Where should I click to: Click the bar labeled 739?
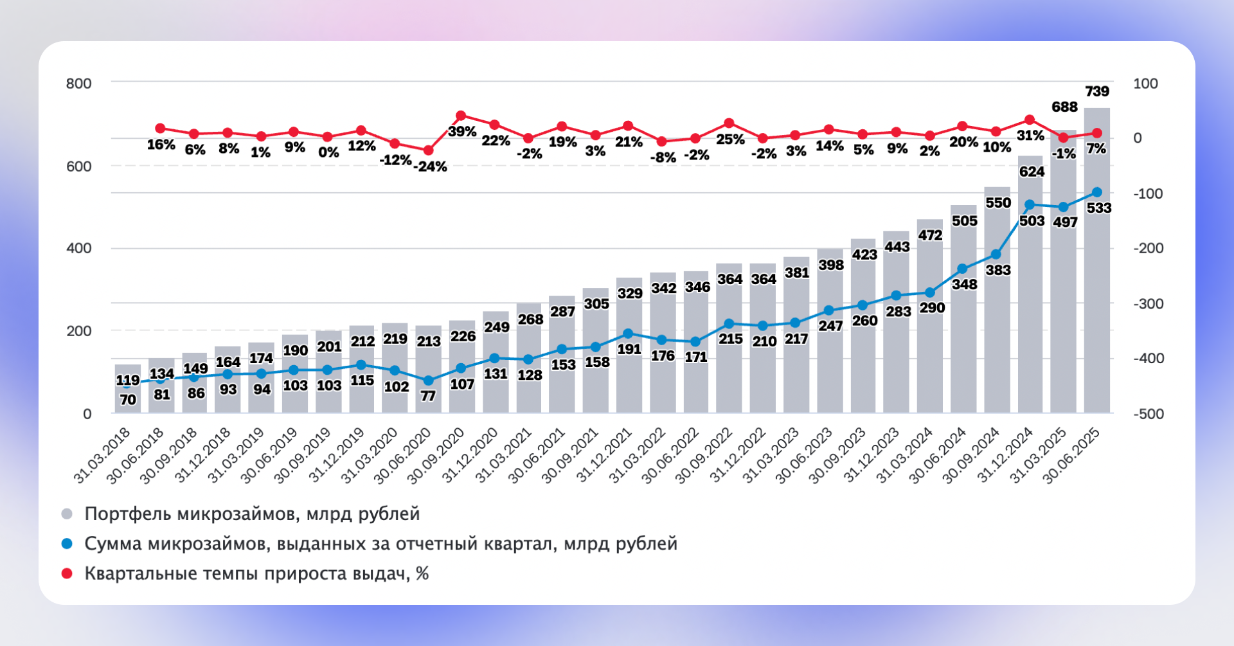tap(1096, 270)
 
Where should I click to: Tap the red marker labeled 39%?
tap(461, 116)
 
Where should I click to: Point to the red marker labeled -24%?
tap(428, 150)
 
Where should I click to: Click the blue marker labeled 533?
tap(1097, 193)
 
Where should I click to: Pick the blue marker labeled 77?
tap(428, 381)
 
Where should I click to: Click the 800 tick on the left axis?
tap(79, 84)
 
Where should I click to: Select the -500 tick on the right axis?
tap(1148, 414)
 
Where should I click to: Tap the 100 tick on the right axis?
tap(1145, 84)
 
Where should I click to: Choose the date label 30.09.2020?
tap(436, 455)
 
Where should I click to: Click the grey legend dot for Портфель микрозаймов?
tap(67, 514)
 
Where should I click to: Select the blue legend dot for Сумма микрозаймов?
tap(67, 544)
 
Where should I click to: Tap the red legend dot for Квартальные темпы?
tap(67, 573)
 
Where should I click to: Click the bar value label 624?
tap(1032, 172)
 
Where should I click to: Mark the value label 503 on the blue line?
tap(1032, 221)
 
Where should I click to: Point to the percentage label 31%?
tap(1030, 136)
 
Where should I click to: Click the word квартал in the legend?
tap(525, 544)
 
